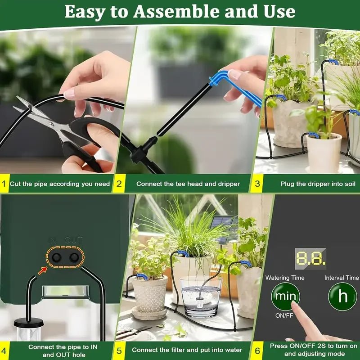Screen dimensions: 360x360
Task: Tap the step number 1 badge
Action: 4,184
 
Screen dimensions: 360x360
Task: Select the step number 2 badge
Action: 119,184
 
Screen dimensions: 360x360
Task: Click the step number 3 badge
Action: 257,184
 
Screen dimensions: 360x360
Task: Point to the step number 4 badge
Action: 4,350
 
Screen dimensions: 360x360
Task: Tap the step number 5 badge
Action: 119,350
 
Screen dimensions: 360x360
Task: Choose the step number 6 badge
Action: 257,350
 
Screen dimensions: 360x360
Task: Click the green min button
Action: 285,297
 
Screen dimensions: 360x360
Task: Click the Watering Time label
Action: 285,278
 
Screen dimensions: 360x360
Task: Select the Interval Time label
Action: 342,278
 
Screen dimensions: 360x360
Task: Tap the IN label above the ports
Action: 53,240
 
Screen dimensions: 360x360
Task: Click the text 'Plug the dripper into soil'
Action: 318,184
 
